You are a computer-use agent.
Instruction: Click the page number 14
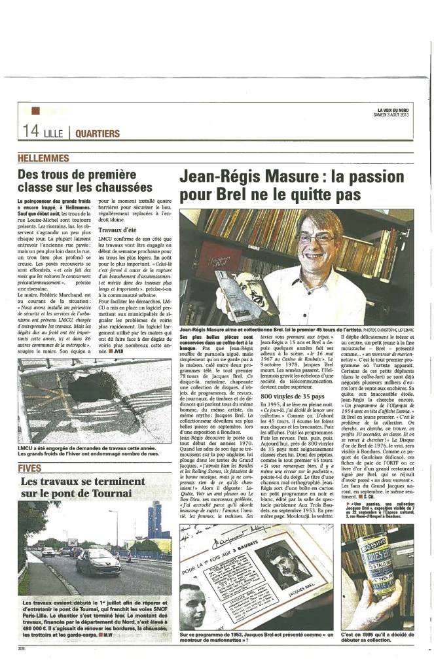31,131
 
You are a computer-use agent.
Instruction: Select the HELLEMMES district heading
44,158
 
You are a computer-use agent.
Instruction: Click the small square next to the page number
35,111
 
